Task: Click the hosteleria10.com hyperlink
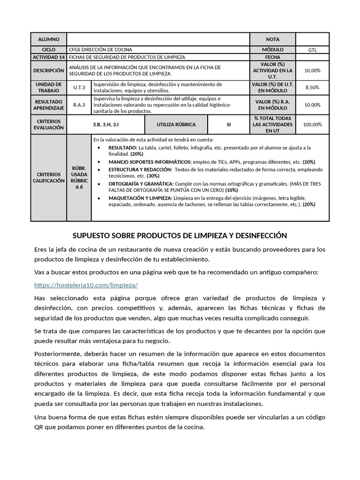(x=86, y=285)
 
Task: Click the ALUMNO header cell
(x=49, y=40)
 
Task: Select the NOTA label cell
(x=272, y=40)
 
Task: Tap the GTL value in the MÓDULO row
(x=312, y=50)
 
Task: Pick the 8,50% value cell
(x=312, y=88)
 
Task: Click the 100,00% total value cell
(x=312, y=125)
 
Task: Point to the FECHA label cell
(x=272, y=57)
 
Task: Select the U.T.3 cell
(x=79, y=88)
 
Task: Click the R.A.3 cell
(x=79, y=105)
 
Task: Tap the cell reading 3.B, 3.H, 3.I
(x=106, y=125)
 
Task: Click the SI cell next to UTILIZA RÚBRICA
(x=229, y=125)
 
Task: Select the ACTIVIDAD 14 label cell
(x=49, y=57)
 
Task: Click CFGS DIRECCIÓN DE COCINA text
(x=100, y=50)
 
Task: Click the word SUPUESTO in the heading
(x=92, y=235)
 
